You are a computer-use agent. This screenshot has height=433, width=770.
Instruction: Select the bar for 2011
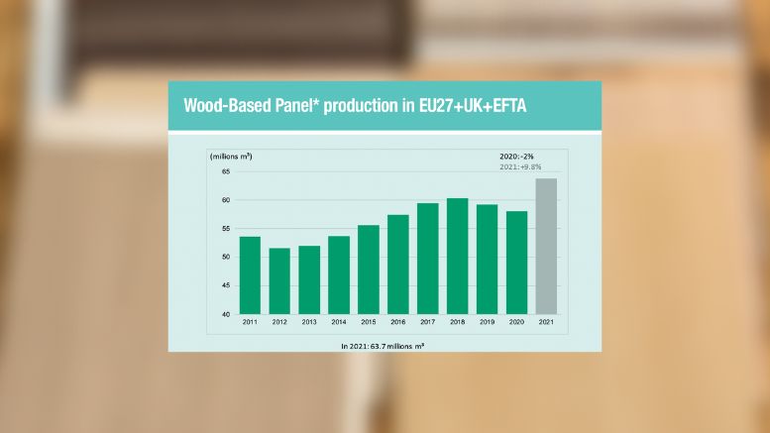pyautogui.click(x=250, y=275)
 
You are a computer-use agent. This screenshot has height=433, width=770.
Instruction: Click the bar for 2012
pyautogui.click(x=279, y=281)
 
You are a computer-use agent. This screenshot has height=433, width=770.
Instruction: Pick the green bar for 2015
pyautogui.click(x=369, y=270)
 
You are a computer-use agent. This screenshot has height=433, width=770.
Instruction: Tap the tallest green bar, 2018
pyautogui.click(x=457, y=257)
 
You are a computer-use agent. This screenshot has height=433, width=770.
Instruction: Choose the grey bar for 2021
pyautogui.click(x=546, y=247)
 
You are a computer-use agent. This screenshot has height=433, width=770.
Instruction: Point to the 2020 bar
pyautogui.click(x=516, y=263)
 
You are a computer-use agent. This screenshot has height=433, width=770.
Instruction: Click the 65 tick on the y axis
pyautogui.click(x=225, y=171)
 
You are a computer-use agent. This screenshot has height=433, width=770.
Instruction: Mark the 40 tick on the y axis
pyautogui.click(x=225, y=314)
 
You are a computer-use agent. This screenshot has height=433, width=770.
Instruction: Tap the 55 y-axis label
pyautogui.click(x=225, y=228)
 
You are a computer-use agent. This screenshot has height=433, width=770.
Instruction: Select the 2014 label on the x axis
pyautogui.click(x=339, y=322)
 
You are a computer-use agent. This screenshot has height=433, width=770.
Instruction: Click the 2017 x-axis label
pyautogui.click(x=428, y=322)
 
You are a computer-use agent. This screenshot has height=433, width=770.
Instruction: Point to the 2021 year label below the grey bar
pyautogui.click(x=546, y=322)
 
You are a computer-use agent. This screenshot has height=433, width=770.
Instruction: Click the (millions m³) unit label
pyautogui.click(x=231, y=157)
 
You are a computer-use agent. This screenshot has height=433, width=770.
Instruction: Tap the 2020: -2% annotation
pyautogui.click(x=516, y=157)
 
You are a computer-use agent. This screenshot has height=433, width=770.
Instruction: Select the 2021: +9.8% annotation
pyautogui.click(x=520, y=166)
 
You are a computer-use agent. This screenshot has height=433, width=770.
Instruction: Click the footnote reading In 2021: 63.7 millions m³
pyautogui.click(x=383, y=346)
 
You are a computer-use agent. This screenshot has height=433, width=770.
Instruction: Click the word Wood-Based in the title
pyautogui.click(x=227, y=106)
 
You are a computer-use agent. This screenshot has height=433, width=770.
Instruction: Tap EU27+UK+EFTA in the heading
pyautogui.click(x=473, y=106)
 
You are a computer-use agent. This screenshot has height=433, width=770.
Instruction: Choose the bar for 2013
pyautogui.click(x=309, y=279)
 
